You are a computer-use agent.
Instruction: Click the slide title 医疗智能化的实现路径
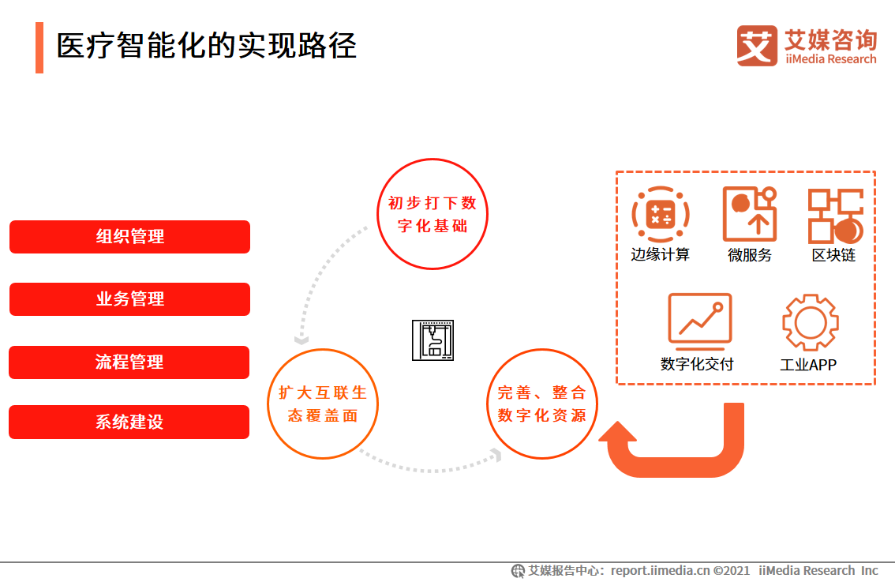207,46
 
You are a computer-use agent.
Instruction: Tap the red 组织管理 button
129,237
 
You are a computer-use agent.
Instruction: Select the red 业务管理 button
129,299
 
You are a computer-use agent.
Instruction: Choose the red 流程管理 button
129,362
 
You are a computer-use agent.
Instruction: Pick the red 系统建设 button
129,422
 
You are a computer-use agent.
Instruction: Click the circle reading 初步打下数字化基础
433,214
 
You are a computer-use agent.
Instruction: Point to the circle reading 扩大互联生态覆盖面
324,404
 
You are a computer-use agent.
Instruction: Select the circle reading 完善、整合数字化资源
542,404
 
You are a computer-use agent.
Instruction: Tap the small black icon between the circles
433,340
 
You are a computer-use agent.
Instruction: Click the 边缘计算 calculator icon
660,214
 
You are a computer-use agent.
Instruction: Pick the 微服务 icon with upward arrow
750,214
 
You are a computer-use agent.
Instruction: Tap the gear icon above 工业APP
810,322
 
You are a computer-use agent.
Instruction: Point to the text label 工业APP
808,365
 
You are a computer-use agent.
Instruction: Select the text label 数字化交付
697,364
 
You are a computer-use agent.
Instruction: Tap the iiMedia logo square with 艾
757,46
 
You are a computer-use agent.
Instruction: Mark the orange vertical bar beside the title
39,47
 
